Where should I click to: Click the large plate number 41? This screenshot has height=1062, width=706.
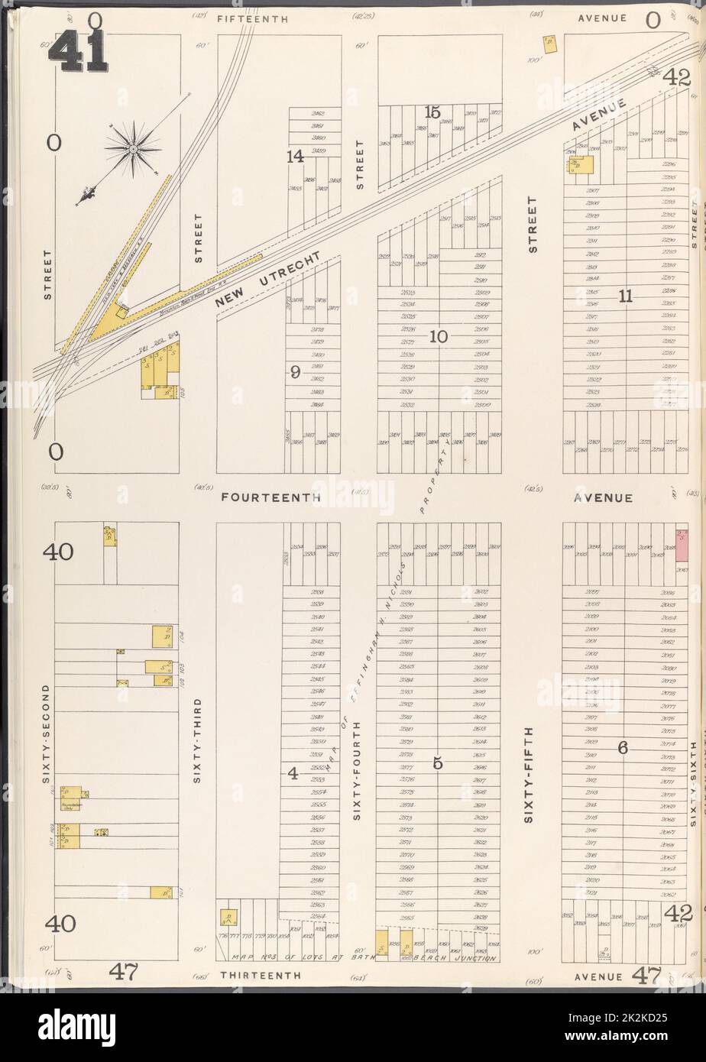(79, 53)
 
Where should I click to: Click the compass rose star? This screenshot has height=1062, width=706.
(132, 149)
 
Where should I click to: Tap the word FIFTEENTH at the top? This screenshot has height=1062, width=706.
(253, 18)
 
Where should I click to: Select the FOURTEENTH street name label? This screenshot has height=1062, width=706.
(270, 497)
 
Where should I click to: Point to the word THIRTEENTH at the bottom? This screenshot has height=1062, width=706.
(257, 976)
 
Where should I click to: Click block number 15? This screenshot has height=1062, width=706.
(432, 113)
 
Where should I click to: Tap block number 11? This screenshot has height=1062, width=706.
(626, 297)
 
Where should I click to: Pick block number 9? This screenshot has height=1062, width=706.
(295, 372)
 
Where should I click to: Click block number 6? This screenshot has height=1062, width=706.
(623, 748)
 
